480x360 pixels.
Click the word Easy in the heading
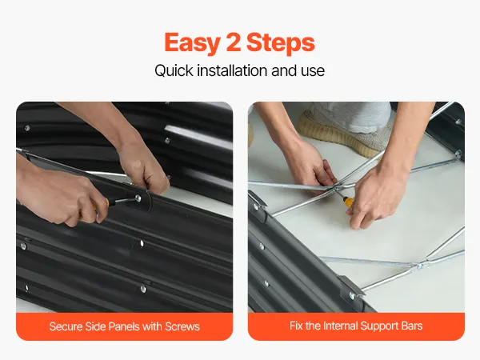pyautogui.click(x=192, y=43)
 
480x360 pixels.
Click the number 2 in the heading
pyautogui.click(x=234, y=42)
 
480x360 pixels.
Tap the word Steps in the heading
pyautogui.click(x=281, y=43)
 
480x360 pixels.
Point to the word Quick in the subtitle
pyautogui.click(x=174, y=70)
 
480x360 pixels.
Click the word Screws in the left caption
pyautogui.click(x=182, y=326)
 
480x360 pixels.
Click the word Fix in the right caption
pyautogui.click(x=296, y=326)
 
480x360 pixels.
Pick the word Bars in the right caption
pyautogui.click(x=411, y=326)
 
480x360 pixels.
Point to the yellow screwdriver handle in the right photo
pyautogui.click(x=349, y=202)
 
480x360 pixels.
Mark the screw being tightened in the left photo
pyautogui.click(x=138, y=198)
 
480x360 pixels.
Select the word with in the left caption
pyautogui.click(x=152, y=326)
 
